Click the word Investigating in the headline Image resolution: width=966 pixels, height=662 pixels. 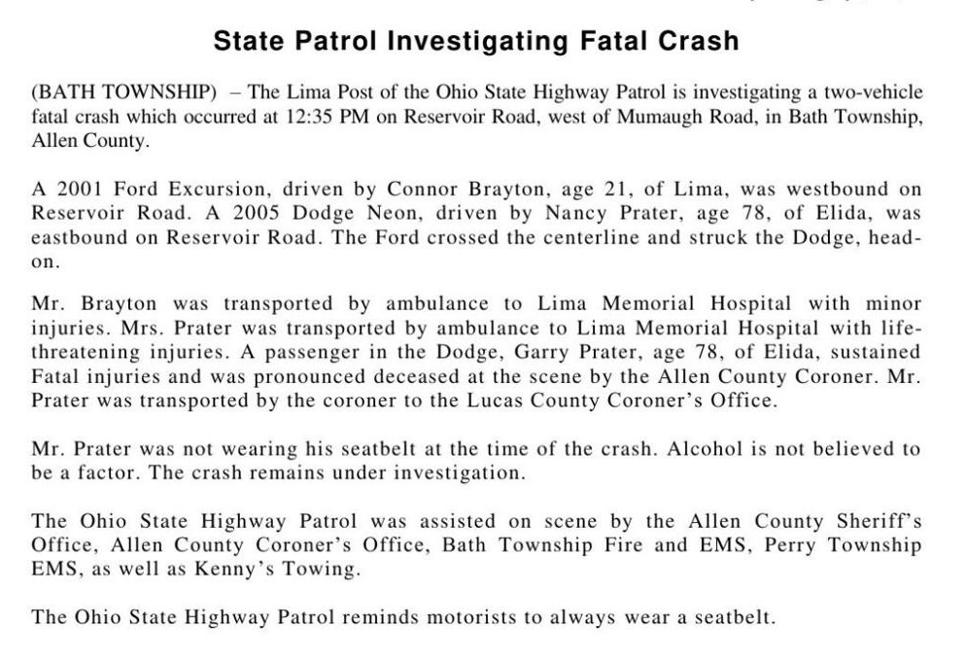click(475, 41)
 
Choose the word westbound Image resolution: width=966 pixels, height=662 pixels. click(834, 189)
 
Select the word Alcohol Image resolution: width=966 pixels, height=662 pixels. click(696, 449)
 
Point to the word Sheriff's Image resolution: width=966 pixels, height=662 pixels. click(875, 521)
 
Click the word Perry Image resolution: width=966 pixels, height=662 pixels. click(790, 545)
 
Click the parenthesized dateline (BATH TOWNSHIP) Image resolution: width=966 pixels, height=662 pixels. click(123, 93)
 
